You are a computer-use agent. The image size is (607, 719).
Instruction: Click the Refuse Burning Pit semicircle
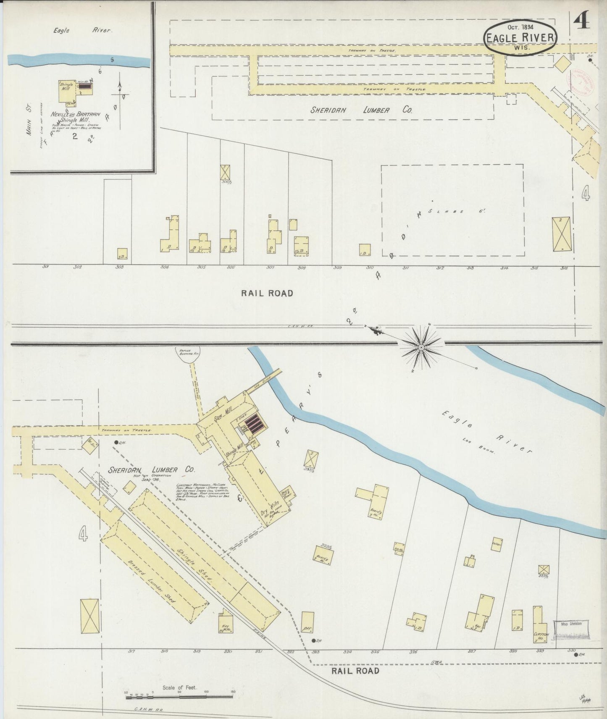[187, 355]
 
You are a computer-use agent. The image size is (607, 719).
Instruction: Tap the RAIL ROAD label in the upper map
[267, 293]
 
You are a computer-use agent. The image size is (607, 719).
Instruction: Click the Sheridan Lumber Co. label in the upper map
[361, 110]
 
